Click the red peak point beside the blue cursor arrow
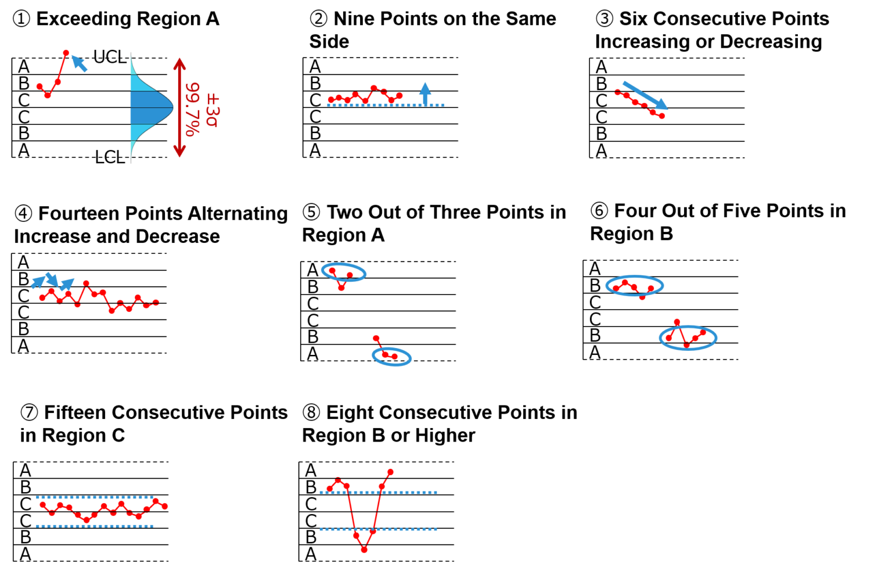point(66,53)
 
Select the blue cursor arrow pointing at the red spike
point(80,63)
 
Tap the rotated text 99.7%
point(193,109)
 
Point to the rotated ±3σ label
point(213,109)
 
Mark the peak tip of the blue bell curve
point(172,107)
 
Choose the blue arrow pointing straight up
point(425,92)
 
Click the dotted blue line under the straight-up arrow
point(386,105)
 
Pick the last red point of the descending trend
point(661,116)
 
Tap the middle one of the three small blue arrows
point(52,279)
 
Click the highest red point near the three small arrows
point(86,284)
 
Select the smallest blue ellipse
point(392,357)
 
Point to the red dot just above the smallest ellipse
point(376,338)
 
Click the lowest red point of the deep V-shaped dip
point(364,549)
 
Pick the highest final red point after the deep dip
point(390,472)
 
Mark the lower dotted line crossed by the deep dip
point(378,529)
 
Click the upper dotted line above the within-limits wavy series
point(95,497)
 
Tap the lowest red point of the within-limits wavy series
point(87,520)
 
